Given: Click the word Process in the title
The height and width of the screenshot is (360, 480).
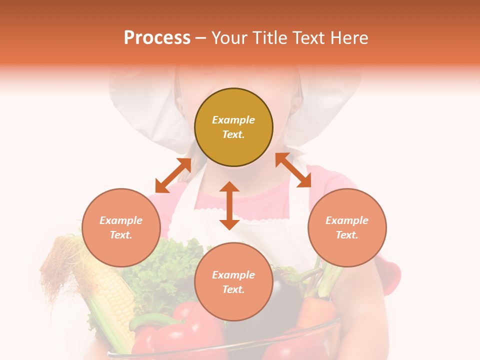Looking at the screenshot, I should [x=157, y=38].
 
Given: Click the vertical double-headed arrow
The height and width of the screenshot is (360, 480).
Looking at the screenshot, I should [x=229, y=205].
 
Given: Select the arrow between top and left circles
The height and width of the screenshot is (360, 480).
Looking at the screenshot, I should [x=173, y=175].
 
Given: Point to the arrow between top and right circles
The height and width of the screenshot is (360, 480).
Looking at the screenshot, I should [x=293, y=170].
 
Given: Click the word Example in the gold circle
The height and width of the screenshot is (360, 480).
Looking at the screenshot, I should [x=233, y=120].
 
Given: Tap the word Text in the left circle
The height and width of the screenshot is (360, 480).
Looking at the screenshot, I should [x=121, y=235].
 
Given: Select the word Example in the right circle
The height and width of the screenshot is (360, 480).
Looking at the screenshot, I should [x=347, y=220].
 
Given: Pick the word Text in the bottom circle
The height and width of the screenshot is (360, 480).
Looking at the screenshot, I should [x=233, y=289].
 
